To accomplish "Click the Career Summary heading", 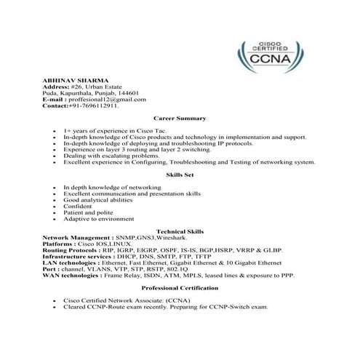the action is tap(180, 117).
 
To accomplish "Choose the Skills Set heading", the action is tap(180, 175).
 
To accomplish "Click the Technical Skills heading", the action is tap(180, 229).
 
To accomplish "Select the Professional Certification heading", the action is tap(180, 288).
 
